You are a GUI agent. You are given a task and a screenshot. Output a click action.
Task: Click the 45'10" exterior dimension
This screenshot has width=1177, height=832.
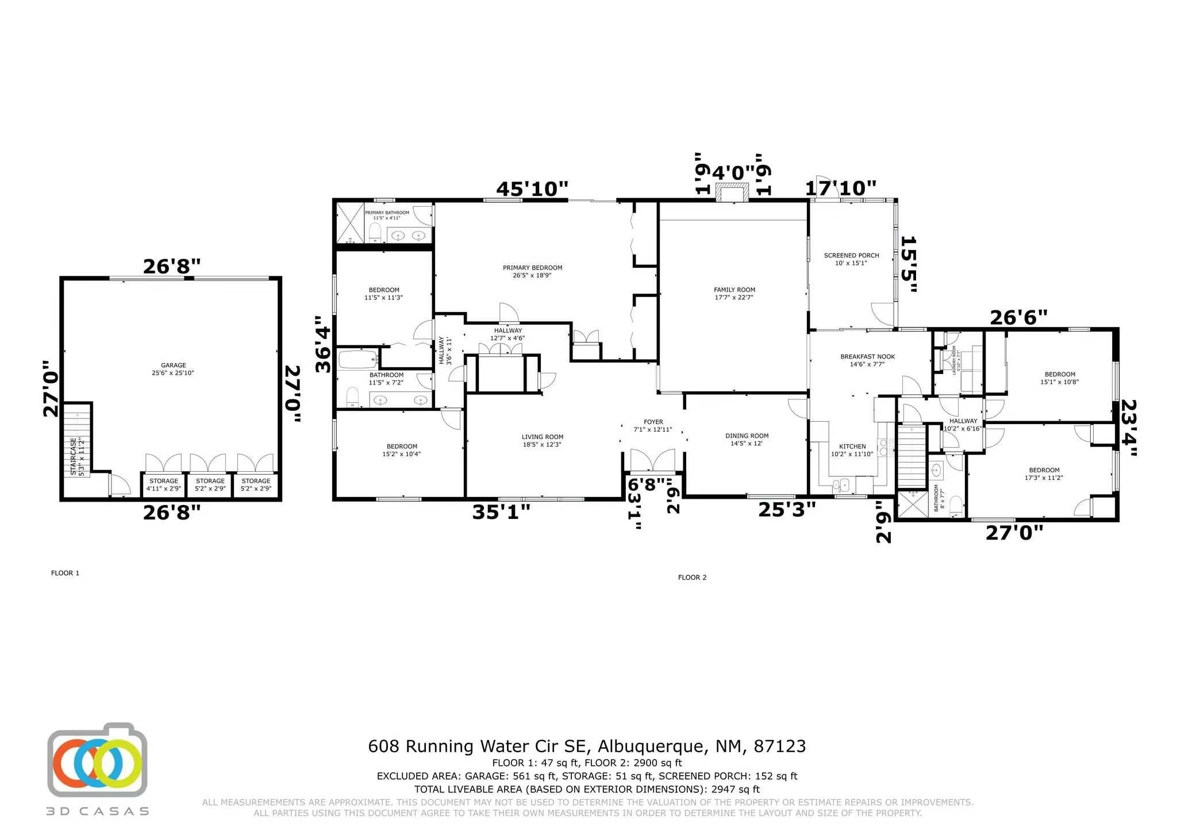click(532, 189)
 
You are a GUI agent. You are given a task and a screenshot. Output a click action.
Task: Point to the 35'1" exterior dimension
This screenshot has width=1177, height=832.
click(501, 512)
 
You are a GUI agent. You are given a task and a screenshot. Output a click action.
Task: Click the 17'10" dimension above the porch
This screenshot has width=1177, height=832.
click(840, 188)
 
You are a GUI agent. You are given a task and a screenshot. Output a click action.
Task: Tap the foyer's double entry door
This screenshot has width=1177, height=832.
click(653, 460)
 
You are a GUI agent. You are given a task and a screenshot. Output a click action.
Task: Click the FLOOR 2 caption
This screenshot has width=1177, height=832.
click(692, 577)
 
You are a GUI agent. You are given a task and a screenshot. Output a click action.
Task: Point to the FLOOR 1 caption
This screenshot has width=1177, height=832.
click(65, 573)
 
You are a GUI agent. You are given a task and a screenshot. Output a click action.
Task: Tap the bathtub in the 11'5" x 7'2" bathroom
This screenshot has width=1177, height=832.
click(357, 360)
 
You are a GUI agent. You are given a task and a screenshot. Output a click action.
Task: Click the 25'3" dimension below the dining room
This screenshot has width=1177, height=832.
click(787, 509)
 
